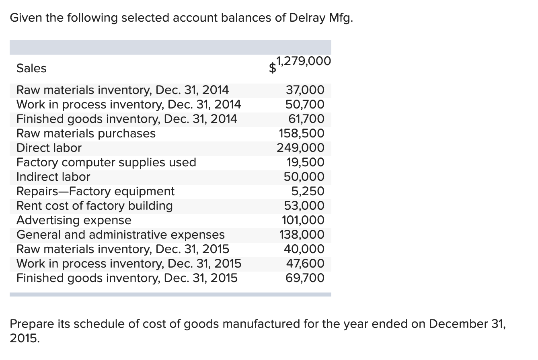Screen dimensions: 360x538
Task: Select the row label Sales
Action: pos(31,68)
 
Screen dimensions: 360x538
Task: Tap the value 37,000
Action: pos(304,90)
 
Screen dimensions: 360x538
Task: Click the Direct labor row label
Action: pos(49,148)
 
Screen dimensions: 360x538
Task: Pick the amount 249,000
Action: pos(300,148)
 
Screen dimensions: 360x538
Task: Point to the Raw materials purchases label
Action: pos(86,133)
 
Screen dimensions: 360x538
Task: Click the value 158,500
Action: pos(302,133)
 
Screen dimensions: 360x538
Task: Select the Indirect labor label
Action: pos(53,177)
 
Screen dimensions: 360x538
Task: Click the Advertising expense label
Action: pos(74,220)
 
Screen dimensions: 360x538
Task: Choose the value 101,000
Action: pos(304,220)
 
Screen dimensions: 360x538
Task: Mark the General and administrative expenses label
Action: pos(121,235)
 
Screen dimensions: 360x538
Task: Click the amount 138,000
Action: pos(302,235)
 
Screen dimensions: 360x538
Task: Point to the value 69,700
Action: pos(304,278)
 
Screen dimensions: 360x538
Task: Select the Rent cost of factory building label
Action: pos(94,206)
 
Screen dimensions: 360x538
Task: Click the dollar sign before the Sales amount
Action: pos(273,69)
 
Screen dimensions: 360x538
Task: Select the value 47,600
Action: pos(305,264)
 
